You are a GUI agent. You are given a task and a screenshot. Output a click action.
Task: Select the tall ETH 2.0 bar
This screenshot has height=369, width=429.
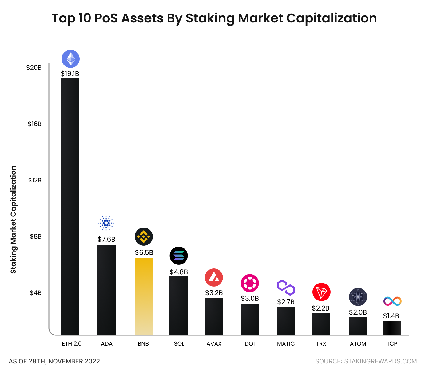(70, 206)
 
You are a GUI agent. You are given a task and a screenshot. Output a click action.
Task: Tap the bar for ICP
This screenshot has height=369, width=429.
(392, 328)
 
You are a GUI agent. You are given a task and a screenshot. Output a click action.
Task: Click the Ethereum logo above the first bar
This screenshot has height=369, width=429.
(70, 59)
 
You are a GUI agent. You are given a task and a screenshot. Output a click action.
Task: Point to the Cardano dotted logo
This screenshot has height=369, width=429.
(106, 223)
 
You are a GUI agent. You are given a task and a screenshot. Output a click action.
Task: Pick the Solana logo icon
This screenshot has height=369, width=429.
(179, 256)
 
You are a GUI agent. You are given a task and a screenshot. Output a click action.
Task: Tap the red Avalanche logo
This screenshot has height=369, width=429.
(214, 277)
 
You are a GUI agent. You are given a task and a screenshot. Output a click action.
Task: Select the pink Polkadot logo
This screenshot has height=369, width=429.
(250, 283)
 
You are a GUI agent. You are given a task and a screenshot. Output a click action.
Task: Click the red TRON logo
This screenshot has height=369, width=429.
(321, 292)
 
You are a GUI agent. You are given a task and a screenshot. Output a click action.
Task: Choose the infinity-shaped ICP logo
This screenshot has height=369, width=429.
(392, 301)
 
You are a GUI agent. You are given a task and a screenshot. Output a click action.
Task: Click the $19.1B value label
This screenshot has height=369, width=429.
(70, 74)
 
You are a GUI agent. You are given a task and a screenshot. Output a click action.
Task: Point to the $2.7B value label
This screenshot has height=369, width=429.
(286, 302)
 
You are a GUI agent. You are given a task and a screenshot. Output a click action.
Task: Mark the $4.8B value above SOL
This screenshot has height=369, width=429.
(179, 272)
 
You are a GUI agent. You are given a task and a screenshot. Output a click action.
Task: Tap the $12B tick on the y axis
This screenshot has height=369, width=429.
(35, 180)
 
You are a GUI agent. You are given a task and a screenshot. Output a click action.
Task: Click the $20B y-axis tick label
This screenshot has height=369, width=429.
(34, 68)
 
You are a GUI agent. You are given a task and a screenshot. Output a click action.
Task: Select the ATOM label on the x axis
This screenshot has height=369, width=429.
(358, 344)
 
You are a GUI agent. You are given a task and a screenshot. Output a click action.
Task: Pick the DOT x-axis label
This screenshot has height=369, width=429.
(250, 344)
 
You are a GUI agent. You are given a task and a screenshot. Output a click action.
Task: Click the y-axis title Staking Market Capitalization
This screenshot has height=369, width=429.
(13, 220)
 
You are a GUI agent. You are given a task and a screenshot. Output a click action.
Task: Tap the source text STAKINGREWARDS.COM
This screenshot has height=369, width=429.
(380, 361)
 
